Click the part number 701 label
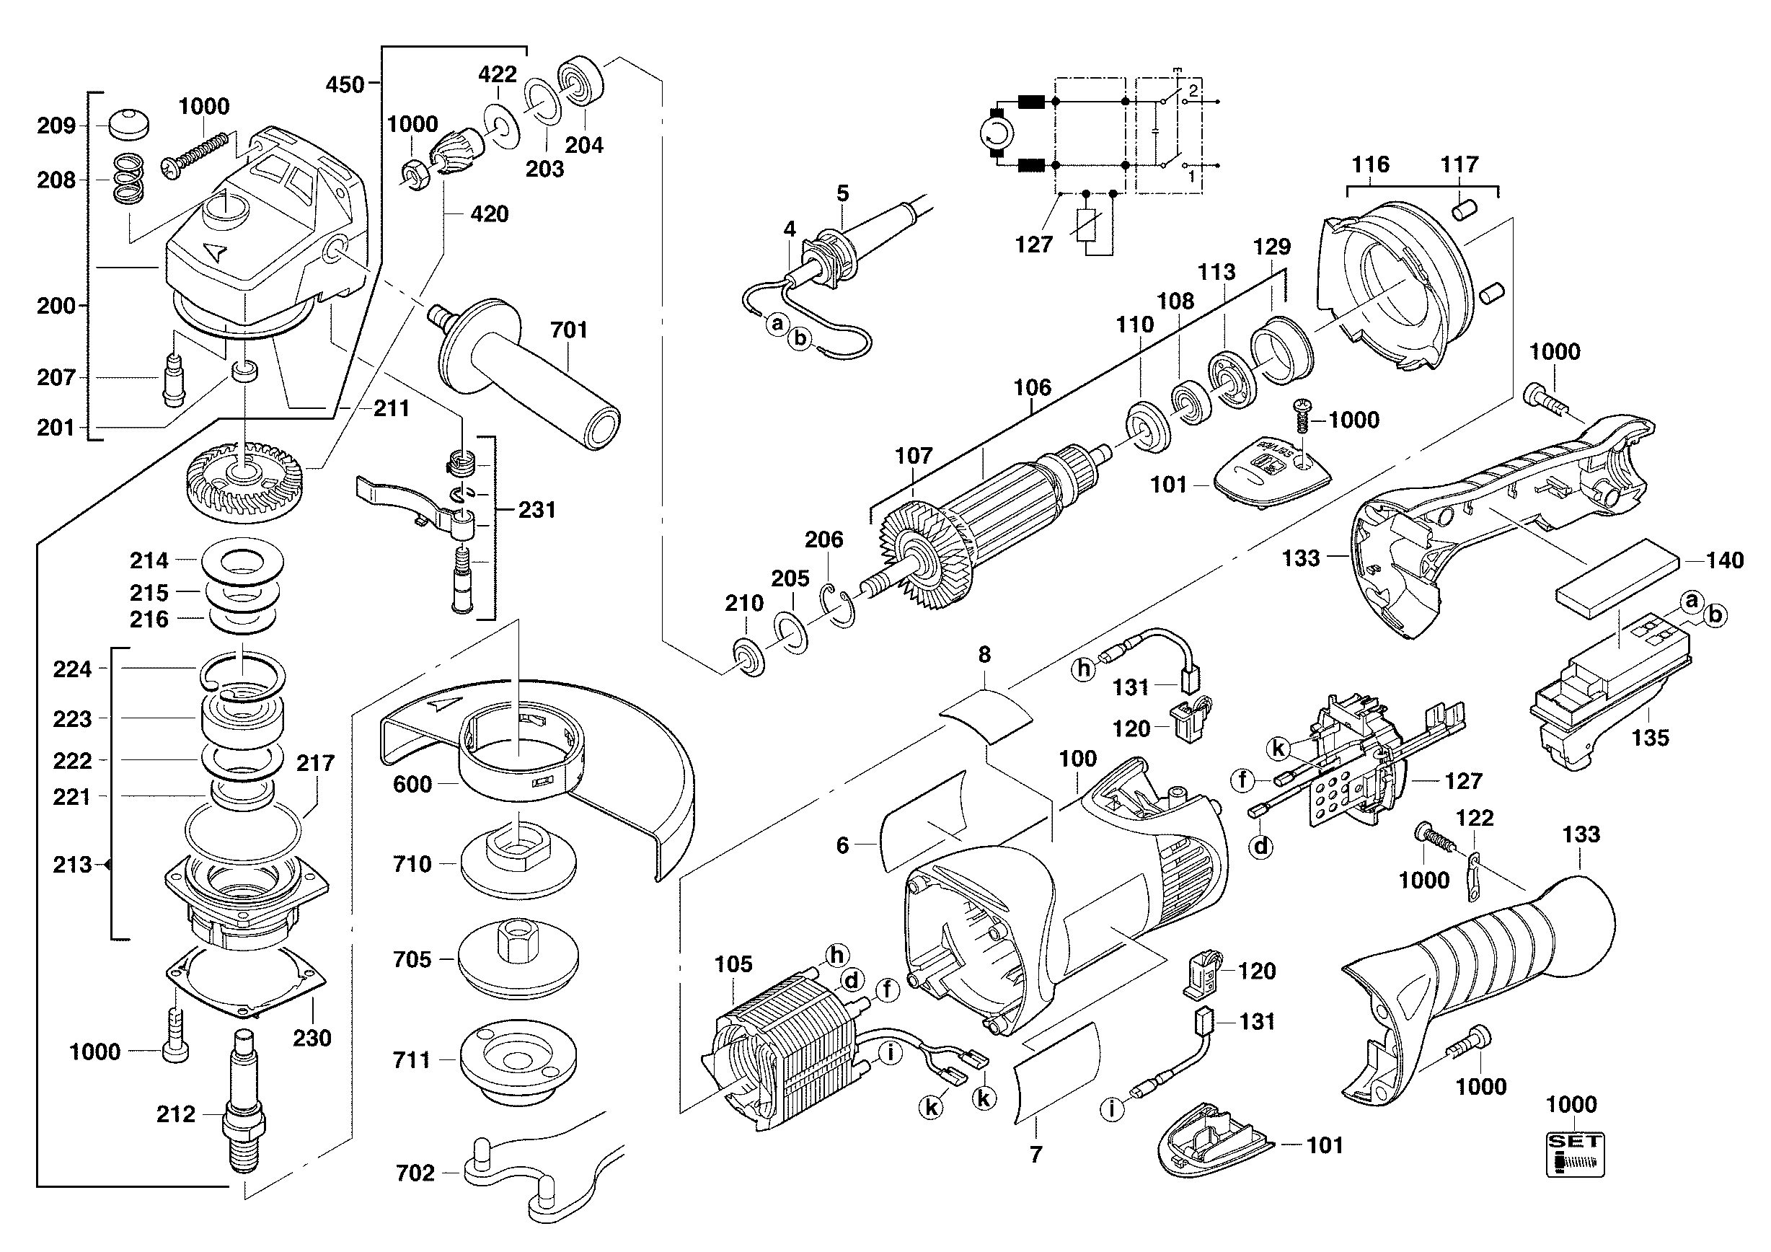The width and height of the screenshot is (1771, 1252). click(568, 330)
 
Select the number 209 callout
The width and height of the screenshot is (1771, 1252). click(56, 125)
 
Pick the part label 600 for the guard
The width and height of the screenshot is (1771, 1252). click(412, 785)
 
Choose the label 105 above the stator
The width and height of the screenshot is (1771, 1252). click(733, 964)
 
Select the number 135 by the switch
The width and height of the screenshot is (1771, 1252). click(1650, 739)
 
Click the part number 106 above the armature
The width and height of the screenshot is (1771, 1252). click(1032, 388)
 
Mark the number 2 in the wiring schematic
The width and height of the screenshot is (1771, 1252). click(1193, 90)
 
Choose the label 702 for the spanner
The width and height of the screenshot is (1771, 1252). click(415, 1173)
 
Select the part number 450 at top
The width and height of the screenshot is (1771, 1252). click(345, 84)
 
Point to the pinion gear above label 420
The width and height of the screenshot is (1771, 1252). click(456, 154)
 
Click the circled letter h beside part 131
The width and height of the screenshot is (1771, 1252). click(1085, 668)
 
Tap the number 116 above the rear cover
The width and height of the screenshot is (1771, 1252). click(1370, 164)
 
